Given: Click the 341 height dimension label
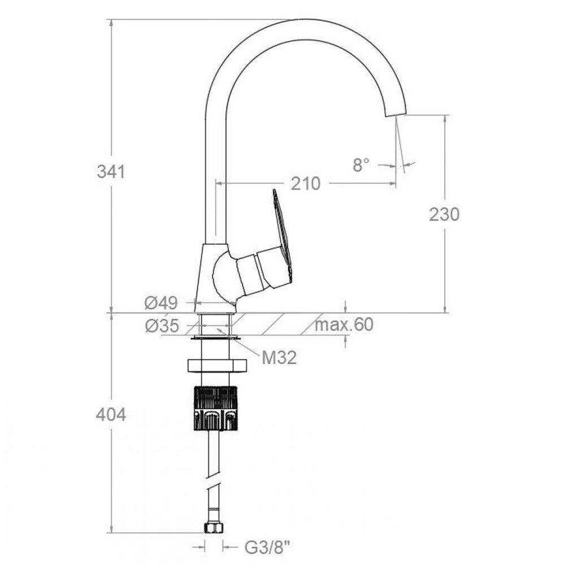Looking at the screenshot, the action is tap(111, 172).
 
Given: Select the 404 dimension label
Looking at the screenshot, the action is tap(111, 415).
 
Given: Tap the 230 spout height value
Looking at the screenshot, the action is tap(444, 214).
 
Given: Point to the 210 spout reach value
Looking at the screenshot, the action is tap(306, 184).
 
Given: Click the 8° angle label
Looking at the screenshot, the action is tap(361, 165).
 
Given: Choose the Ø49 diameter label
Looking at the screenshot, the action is tap(161, 303).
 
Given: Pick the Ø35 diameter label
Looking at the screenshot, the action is tap(162, 326).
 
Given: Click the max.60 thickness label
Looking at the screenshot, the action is tap(344, 325).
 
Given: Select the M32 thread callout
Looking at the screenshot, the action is tap(279, 358).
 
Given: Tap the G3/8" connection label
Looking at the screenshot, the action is tap(267, 548).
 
